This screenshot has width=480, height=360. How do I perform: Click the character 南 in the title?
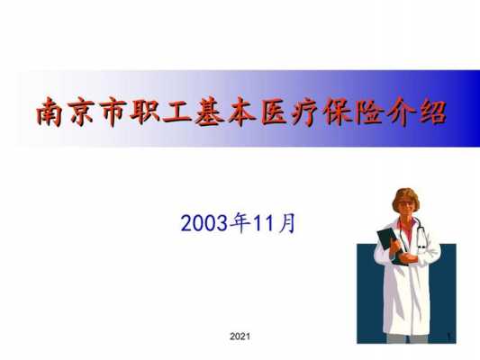(49, 112)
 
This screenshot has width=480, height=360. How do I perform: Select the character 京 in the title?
(81, 112)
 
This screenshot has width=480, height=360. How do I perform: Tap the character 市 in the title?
(113, 112)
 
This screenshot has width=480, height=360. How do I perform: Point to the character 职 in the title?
(144, 112)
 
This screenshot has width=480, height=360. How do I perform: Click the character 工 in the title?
(177, 112)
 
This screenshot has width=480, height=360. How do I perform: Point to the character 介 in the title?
(401, 112)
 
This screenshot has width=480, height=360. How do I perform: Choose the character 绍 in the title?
(433, 112)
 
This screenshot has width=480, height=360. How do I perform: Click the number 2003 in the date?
(204, 223)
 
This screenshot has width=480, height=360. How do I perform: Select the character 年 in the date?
(240, 223)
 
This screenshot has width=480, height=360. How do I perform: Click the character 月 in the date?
(287, 223)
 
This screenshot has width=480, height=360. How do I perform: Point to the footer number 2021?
(240, 337)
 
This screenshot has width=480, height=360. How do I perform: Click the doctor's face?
(406, 207)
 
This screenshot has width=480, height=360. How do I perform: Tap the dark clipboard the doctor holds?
(390, 245)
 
